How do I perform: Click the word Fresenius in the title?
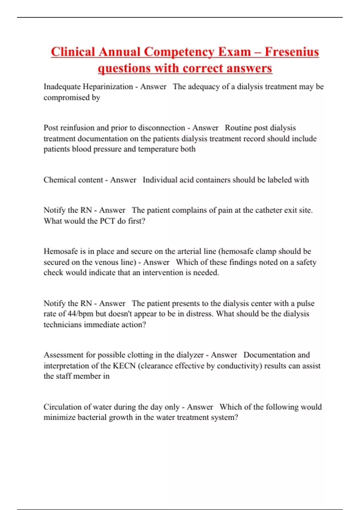(x=292, y=52)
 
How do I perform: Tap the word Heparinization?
(x=108, y=87)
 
